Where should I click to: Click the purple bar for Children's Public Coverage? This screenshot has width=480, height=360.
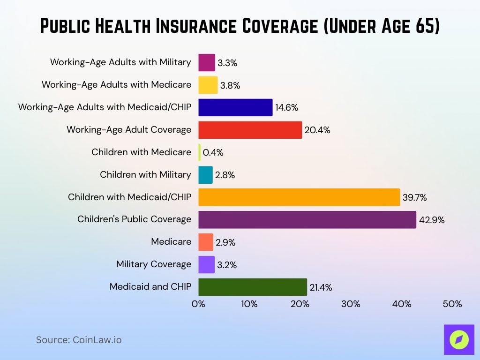307,219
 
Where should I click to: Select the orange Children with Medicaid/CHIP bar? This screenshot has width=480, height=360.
299,197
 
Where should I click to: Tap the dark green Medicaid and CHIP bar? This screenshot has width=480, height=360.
253,287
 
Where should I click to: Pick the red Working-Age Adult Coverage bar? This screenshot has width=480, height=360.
250,129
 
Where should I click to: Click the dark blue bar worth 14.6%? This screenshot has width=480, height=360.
235,107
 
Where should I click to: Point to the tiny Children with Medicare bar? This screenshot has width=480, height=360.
200,152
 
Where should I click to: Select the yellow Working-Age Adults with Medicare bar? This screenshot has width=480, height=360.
208,85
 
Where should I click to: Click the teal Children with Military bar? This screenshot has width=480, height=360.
205,174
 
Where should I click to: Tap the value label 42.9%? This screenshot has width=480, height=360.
432,220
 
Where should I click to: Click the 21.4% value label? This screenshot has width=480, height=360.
321,287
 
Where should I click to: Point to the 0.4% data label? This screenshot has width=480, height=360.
213,152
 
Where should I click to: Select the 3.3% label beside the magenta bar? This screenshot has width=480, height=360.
227,63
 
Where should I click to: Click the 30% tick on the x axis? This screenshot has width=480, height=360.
351,304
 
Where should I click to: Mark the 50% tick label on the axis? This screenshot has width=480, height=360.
452,304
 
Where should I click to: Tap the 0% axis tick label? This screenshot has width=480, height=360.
198,304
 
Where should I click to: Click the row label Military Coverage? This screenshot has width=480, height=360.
154,264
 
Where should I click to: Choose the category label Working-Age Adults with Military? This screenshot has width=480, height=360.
120,62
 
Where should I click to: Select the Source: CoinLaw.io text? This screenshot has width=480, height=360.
79,340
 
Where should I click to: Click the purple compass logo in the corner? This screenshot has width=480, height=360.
459,339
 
